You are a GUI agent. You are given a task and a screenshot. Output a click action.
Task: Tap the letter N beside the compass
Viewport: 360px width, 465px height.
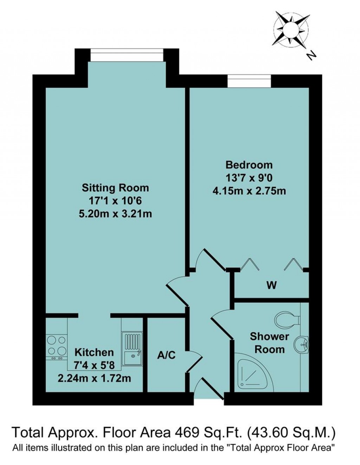[x=310, y=55]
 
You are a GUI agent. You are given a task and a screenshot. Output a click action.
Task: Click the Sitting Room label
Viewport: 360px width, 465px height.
[x=115, y=188]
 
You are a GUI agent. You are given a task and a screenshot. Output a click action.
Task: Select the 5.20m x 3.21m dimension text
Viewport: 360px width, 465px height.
[x=115, y=214]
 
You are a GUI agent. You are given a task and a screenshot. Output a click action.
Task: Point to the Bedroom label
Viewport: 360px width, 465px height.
[x=249, y=165]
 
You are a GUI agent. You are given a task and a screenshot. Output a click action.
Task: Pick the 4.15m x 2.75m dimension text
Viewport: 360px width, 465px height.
[x=249, y=191]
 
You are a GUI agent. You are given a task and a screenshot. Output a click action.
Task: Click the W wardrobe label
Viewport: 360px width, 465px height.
[x=271, y=286]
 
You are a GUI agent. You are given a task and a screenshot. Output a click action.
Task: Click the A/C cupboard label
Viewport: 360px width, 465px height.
[x=166, y=355]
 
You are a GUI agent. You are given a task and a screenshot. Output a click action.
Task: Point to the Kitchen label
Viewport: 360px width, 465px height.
[x=94, y=352]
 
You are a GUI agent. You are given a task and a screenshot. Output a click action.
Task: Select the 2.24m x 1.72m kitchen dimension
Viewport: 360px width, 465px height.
[x=94, y=378]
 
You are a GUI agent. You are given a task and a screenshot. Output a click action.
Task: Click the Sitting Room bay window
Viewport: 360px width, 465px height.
[x=127, y=55]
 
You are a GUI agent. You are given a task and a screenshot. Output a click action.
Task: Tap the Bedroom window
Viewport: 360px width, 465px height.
[x=249, y=81]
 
